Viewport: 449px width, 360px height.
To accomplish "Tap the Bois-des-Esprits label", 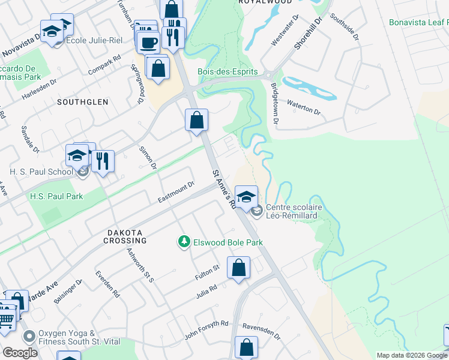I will (228, 72).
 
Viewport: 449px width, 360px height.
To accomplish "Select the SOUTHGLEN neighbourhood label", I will (83, 102).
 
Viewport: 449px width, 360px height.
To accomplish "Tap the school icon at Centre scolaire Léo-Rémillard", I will (246, 196).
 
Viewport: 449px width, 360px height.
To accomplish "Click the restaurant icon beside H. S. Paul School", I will (103, 160).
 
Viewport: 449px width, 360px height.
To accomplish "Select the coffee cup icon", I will (148, 42).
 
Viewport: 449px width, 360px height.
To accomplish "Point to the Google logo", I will (20, 353).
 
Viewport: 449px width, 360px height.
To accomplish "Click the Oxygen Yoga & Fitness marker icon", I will (28, 337).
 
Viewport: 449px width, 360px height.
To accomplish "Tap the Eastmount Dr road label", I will (176, 192).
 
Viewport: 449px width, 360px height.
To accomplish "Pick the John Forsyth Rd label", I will (206, 331).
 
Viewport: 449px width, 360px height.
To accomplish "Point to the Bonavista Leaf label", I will (418, 23).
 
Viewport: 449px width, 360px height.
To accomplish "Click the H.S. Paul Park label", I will (56, 196).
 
